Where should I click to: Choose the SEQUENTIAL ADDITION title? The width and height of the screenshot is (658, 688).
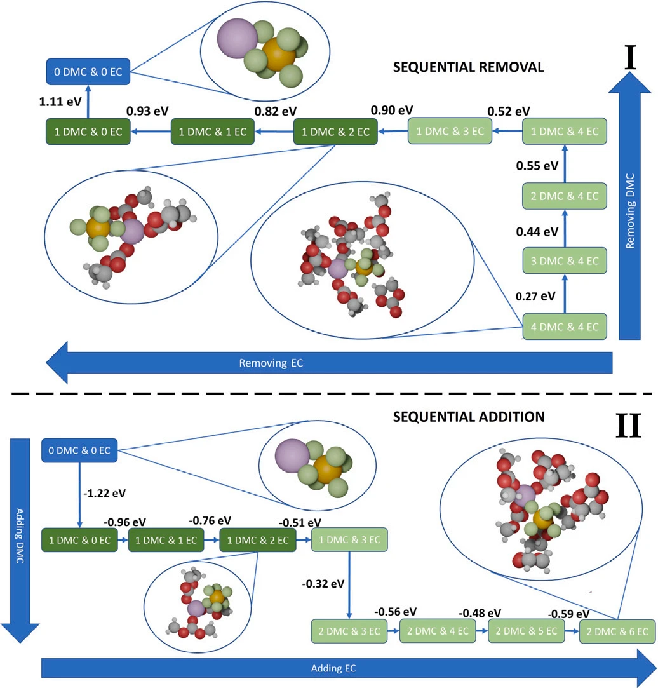pos(469,417)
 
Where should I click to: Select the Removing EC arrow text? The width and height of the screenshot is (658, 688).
pos(272,364)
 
